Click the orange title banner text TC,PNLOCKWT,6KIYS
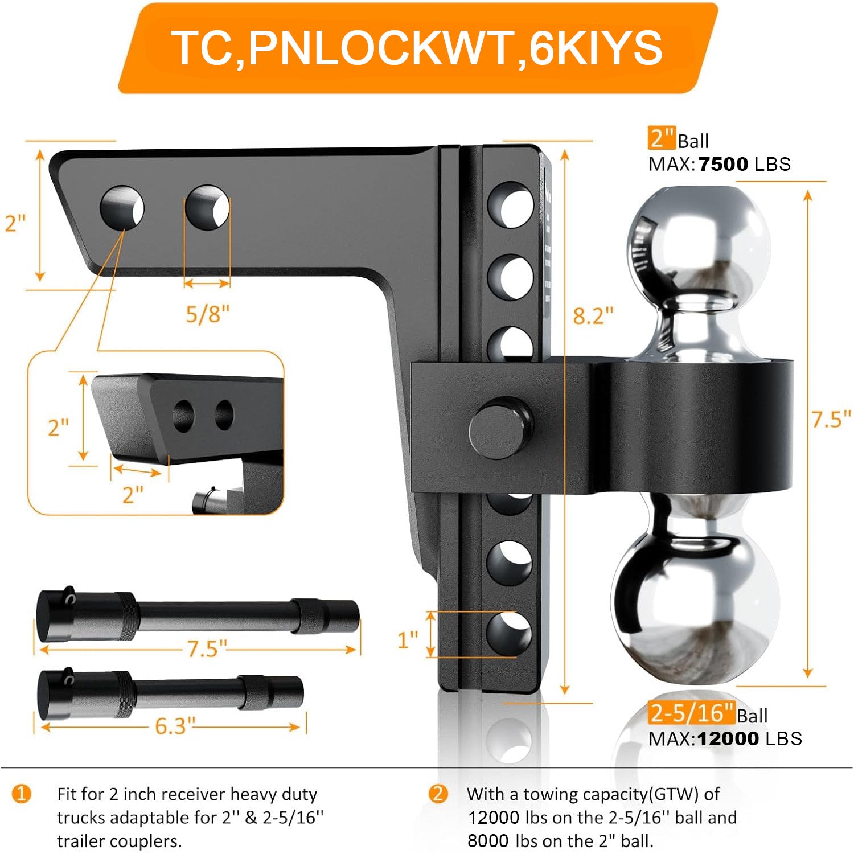click(417, 48)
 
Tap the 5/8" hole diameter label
click(207, 314)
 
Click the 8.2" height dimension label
click(593, 315)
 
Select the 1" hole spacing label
click(408, 640)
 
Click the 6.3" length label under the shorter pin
click(175, 726)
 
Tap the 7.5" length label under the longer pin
click(207, 648)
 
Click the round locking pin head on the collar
click(501, 428)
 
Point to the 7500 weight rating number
click(723, 164)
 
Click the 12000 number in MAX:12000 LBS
click(728, 738)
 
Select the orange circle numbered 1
click(22, 794)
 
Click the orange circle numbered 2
click(437, 794)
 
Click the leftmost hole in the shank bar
click(122, 207)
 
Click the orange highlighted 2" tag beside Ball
click(662, 138)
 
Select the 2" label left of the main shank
click(15, 223)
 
